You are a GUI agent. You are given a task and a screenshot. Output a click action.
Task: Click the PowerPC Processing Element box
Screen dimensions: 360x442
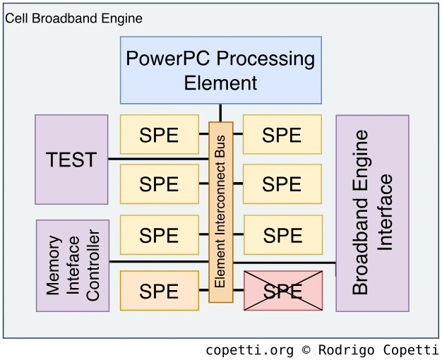220,70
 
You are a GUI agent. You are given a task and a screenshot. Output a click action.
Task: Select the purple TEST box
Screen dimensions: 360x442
71,160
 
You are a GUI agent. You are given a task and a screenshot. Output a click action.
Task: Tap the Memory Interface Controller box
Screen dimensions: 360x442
73,265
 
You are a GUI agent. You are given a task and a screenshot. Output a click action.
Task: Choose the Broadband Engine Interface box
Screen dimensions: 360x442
372,213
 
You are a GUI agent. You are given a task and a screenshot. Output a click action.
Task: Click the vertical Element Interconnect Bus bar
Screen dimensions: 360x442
221,212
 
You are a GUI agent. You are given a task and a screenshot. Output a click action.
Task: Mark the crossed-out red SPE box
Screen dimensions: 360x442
282,290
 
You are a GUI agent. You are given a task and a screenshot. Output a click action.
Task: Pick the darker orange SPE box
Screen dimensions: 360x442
159,290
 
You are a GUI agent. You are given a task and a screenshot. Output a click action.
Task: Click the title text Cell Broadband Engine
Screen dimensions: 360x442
73,18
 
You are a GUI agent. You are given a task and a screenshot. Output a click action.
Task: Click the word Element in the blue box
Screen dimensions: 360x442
220,82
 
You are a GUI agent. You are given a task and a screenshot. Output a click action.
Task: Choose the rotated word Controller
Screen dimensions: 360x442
92,265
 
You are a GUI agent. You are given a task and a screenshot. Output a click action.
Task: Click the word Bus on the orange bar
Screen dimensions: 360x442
220,147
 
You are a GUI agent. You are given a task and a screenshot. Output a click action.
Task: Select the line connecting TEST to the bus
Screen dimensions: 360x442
158,160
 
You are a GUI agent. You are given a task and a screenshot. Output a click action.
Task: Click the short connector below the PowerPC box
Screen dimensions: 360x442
220,113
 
